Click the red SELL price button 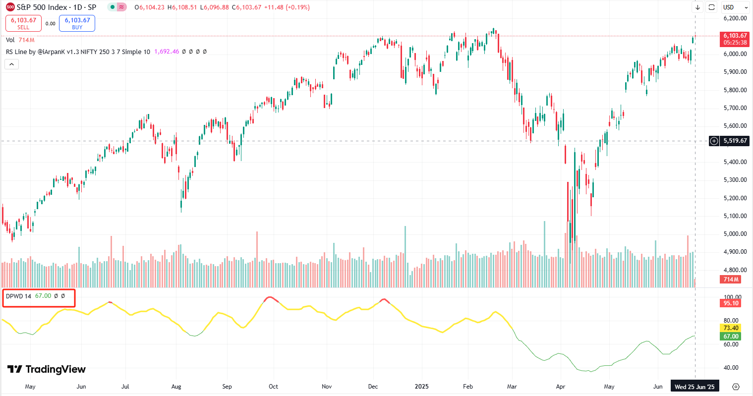(x=23, y=23)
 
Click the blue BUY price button (x=77, y=23)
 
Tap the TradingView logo (x=47, y=369)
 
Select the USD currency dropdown (x=735, y=7)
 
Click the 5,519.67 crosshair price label (x=735, y=141)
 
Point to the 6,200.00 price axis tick (x=735, y=18)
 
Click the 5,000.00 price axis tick (x=735, y=234)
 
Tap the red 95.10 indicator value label (x=731, y=303)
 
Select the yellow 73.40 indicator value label (x=731, y=328)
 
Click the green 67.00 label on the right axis (x=731, y=337)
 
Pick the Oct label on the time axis (x=273, y=387)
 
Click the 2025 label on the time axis (x=422, y=387)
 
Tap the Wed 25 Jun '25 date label (x=695, y=387)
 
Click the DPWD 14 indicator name (x=18, y=296)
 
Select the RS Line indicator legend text (x=78, y=52)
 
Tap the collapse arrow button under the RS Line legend (x=12, y=64)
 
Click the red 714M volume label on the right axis (x=731, y=280)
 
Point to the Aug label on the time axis (x=176, y=387)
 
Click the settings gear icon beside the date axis (x=736, y=387)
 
